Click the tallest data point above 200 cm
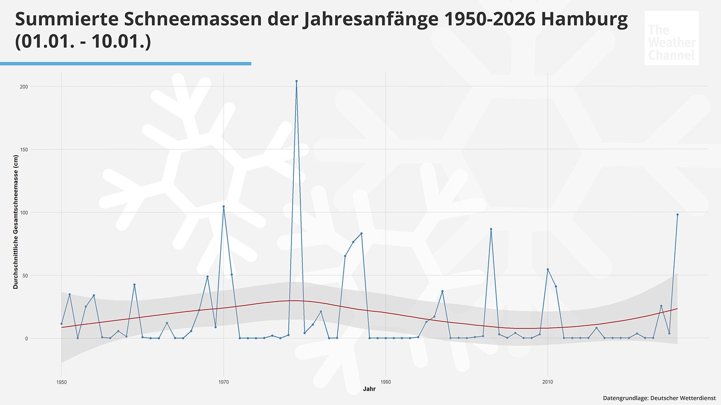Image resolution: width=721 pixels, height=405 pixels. [x=297, y=81]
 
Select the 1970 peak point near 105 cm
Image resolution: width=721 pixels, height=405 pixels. [x=224, y=207]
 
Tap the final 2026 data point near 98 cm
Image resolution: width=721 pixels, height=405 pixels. [x=677, y=215]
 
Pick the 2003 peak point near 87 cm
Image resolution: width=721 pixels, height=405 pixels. [x=491, y=229]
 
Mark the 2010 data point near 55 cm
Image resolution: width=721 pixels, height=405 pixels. [x=548, y=269]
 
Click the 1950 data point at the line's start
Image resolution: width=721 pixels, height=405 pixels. [x=62, y=324]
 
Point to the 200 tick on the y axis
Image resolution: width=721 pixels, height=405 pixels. [x=24, y=86]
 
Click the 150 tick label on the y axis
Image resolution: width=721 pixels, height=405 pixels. [x=24, y=149]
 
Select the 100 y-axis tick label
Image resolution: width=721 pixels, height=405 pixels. [x=24, y=212]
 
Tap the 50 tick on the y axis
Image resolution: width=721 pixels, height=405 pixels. [x=25, y=275]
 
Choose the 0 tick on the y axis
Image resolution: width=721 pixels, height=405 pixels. [x=27, y=338]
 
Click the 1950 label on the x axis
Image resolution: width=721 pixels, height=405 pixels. [x=62, y=382]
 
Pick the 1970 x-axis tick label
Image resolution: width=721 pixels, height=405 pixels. [x=224, y=382]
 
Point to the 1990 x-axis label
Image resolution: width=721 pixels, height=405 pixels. [x=386, y=382]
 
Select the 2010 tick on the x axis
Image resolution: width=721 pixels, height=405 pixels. [x=548, y=382]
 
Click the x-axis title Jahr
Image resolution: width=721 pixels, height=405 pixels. [x=369, y=389]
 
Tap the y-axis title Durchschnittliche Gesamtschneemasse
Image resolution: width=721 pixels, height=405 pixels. [x=16, y=222]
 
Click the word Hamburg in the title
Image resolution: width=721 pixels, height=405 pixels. [x=584, y=19]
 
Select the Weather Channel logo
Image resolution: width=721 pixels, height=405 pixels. [x=671, y=38]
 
